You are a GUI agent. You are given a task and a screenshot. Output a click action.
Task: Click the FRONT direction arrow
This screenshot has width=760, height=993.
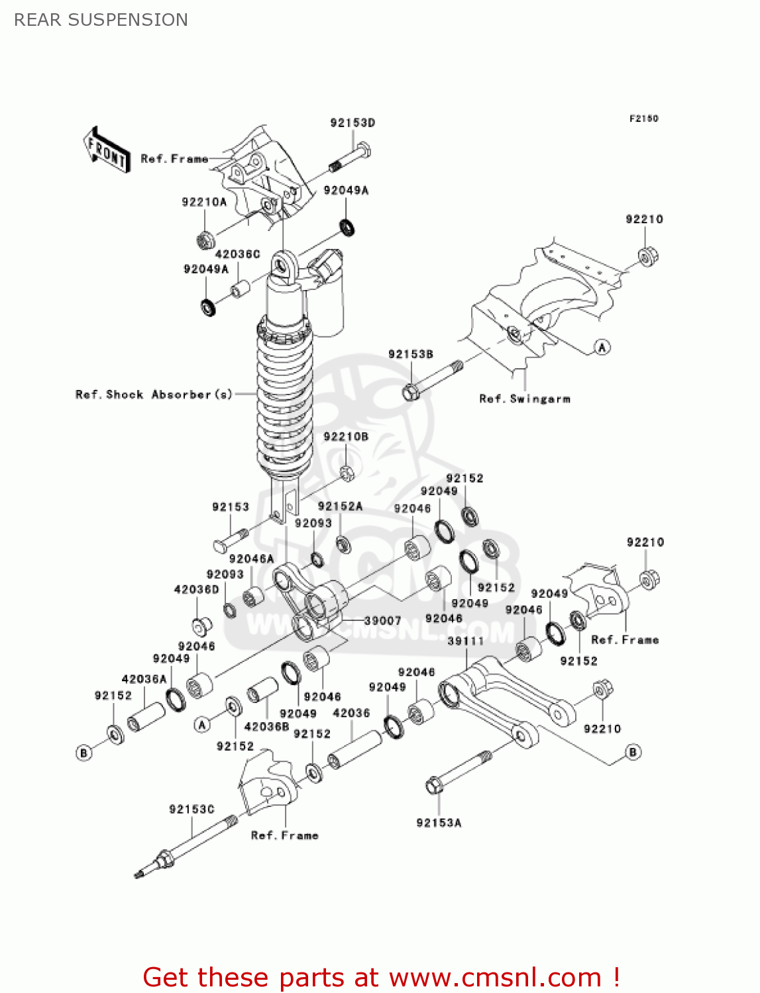coord(106,150)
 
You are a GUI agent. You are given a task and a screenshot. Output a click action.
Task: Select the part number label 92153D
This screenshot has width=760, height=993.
coord(353,122)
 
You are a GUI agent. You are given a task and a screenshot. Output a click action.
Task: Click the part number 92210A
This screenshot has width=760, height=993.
coord(204,202)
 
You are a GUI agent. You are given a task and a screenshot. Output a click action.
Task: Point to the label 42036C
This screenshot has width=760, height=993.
coord(237,254)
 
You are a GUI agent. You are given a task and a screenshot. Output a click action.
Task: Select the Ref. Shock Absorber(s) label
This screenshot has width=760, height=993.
coord(154,395)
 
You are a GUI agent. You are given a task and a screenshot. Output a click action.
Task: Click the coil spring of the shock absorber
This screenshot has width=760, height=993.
coord(284,397)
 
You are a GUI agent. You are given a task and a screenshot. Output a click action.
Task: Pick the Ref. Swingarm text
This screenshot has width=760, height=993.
coord(525,399)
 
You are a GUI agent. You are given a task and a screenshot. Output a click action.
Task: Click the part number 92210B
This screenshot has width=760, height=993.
coord(346,437)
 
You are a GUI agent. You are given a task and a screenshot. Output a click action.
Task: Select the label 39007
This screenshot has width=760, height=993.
coord(383,620)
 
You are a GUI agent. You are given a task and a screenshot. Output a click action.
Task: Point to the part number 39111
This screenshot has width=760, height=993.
coord(466,641)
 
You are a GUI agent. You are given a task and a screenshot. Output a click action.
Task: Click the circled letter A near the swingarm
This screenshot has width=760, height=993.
coord(602,348)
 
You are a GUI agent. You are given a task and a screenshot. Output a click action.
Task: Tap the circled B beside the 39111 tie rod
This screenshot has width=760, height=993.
coord(633,752)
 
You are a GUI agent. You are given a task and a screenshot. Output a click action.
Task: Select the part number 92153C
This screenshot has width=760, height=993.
coord(191,809)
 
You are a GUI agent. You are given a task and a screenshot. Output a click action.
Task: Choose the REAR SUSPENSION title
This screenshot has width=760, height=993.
coord(101,20)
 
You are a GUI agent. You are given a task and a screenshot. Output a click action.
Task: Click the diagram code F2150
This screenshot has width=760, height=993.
coord(643,118)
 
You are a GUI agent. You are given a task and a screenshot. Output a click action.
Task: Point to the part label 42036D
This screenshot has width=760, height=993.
coord(196,589)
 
